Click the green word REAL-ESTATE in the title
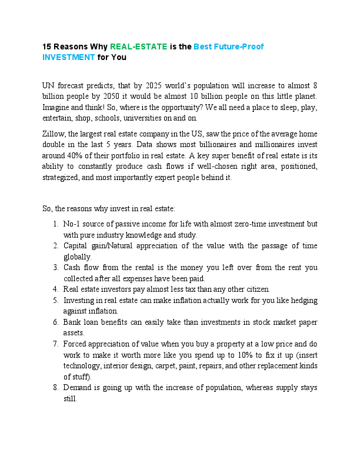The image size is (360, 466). click(138, 46)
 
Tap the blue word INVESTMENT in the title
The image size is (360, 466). click(68, 57)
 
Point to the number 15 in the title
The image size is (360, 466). click(47, 46)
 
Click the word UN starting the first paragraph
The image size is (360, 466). click(49, 85)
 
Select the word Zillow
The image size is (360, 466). click(54, 135)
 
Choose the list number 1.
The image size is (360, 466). click(55, 224)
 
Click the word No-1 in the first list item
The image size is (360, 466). click(72, 224)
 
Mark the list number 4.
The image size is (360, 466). click(55, 289)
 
